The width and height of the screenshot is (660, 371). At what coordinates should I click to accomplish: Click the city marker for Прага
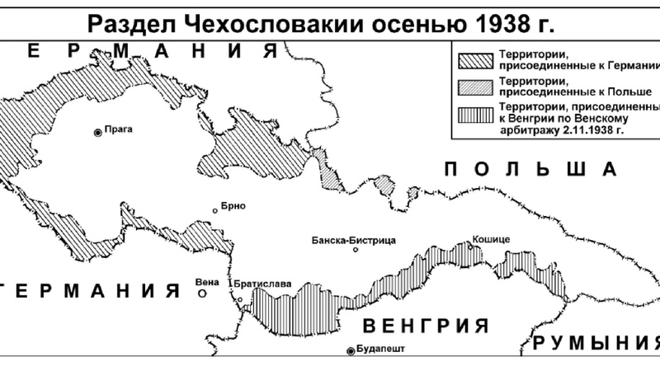click(98, 131)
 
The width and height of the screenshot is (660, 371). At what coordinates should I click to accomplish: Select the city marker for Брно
click(215, 211)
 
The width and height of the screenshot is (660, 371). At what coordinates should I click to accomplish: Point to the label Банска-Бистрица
click(354, 240)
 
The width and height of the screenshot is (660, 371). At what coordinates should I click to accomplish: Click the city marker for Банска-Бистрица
click(356, 250)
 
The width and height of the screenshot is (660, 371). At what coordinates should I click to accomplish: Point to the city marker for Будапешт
click(351, 351)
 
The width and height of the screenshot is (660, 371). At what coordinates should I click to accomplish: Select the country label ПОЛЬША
click(530, 170)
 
